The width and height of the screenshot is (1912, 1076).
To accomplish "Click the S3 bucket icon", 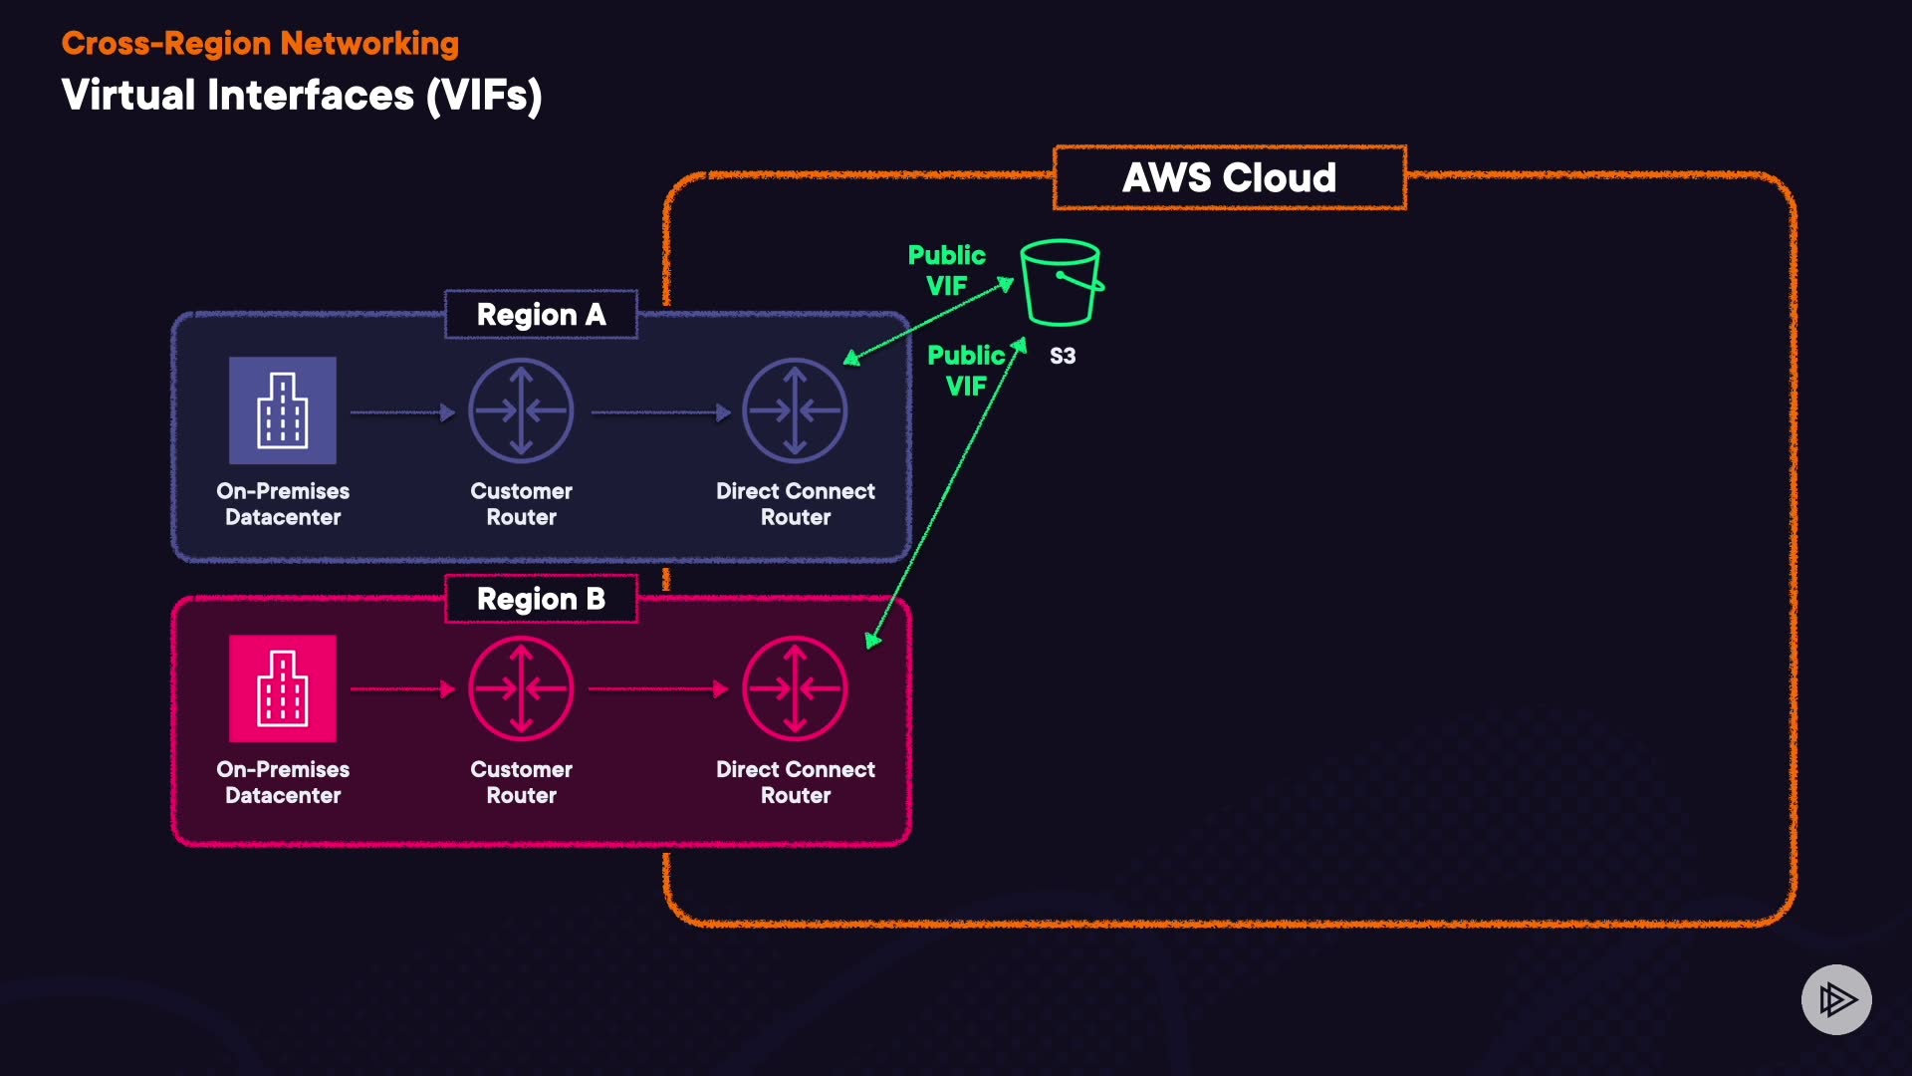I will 1062,283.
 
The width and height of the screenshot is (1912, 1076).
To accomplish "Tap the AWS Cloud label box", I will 1230,178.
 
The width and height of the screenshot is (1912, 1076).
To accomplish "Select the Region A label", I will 541,315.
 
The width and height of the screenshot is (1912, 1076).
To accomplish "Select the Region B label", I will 541,599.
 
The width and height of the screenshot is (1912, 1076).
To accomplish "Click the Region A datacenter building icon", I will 283,410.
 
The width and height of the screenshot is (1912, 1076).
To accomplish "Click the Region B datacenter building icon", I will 283,688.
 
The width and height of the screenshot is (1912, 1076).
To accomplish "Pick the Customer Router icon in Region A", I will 521,410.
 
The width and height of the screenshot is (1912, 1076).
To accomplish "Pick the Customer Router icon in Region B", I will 521,688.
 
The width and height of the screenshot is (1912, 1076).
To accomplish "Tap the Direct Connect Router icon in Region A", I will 795,410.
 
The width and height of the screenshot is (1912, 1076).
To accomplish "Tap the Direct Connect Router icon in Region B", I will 795,688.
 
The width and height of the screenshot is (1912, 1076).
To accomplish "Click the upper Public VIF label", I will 946,270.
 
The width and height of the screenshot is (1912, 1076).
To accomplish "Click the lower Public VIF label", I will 966,371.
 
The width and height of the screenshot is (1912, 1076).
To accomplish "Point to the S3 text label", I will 1063,356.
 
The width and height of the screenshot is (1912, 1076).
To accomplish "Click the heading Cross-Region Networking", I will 260,43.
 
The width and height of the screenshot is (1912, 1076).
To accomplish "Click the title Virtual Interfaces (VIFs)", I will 302,96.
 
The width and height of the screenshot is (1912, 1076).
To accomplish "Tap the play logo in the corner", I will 1836,999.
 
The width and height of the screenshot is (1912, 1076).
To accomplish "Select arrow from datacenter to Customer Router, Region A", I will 402,411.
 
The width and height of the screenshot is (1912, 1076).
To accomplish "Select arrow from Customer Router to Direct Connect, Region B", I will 658,688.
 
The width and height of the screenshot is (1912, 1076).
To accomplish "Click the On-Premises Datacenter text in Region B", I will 283,782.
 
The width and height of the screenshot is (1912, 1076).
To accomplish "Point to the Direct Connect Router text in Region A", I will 795,504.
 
